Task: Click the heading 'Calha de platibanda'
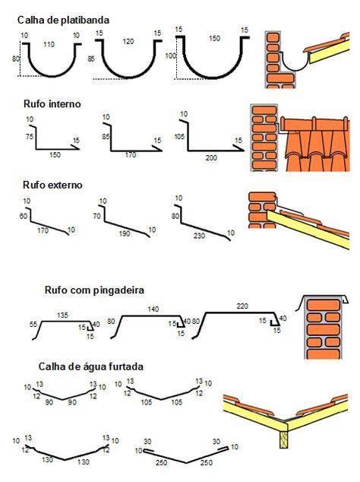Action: pos(64,20)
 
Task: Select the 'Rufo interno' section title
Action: pos(51,103)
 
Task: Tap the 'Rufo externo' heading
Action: pos(53,185)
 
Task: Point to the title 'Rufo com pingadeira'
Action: pos(94,290)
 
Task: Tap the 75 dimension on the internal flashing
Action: pos(30,136)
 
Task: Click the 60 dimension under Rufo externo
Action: pos(23,217)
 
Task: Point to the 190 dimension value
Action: pos(124,234)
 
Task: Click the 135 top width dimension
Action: pos(63,314)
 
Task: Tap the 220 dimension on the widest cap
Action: pos(242,306)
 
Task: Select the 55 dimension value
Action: pos(33,325)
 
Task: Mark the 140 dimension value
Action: pos(153,309)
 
